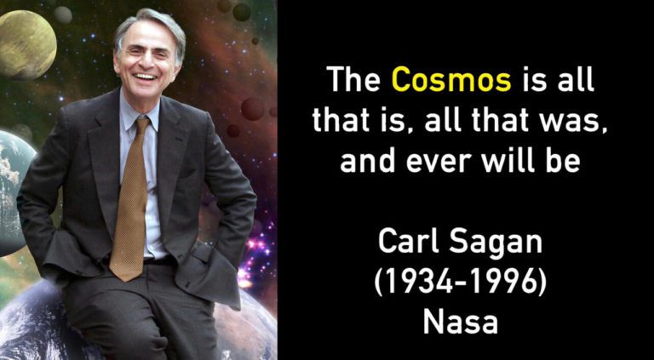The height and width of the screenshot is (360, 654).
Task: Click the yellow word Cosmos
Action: point(451,80)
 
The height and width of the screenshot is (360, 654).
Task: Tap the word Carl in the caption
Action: point(407,242)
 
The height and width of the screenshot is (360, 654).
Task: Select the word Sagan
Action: point(496,243)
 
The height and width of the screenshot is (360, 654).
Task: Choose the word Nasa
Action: point(461,322)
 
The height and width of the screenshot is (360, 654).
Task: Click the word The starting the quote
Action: point(353,79)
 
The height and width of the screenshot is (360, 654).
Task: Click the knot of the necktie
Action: point(141,125)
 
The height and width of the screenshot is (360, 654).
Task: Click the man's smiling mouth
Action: point(146,77)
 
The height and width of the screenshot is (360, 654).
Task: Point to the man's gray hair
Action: point(148,25)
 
